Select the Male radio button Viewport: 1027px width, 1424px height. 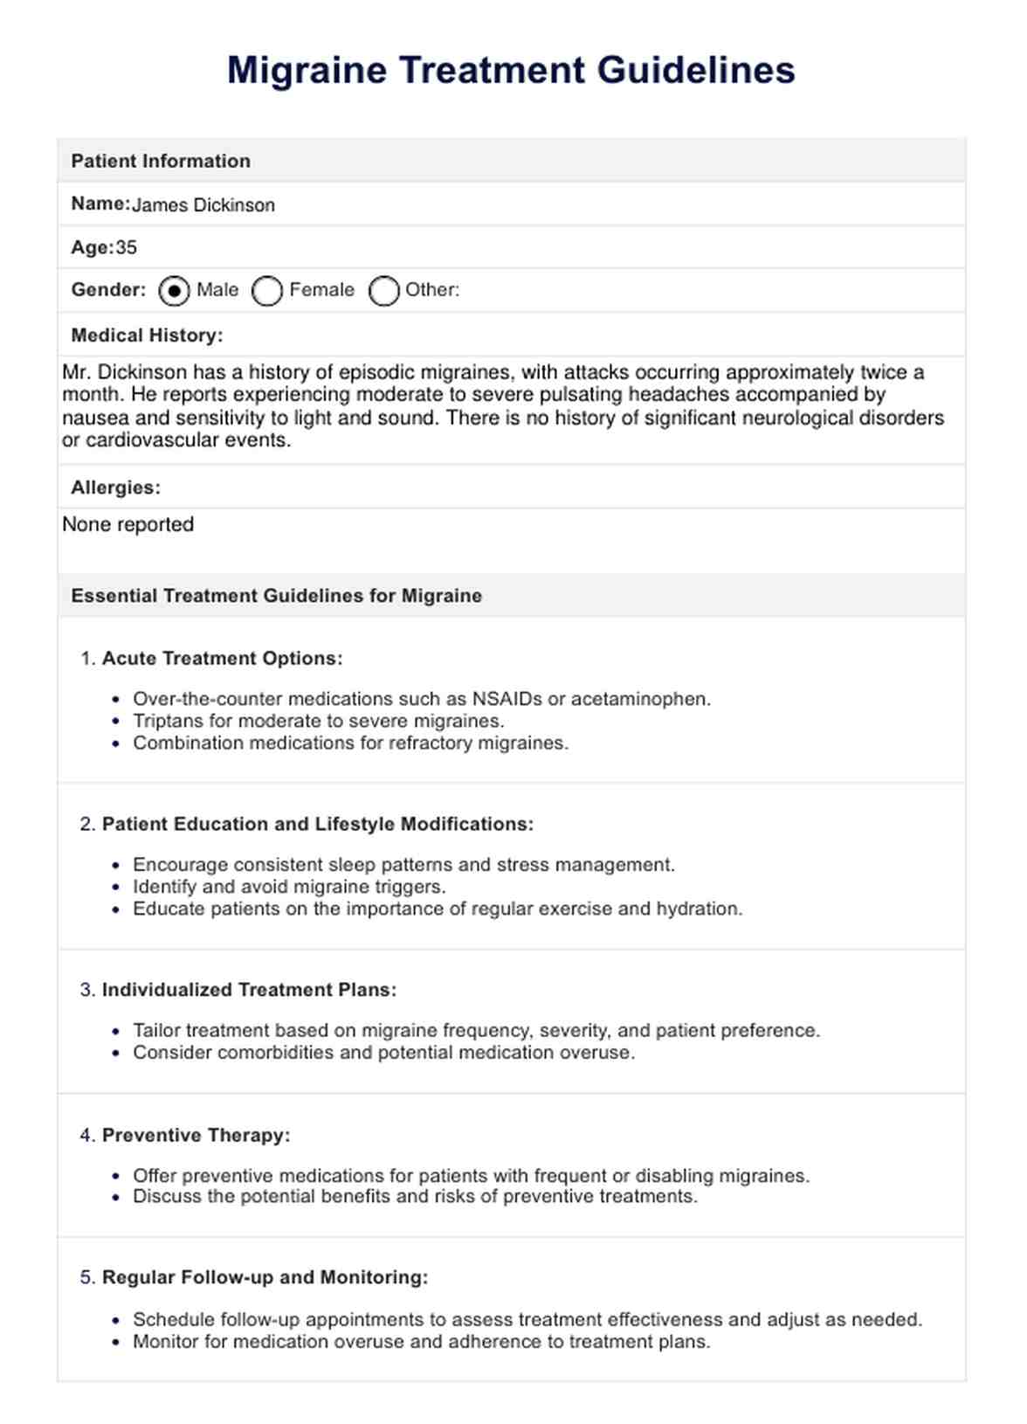[174, 291]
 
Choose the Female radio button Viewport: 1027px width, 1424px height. [267, 291]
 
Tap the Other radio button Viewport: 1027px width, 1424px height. [383, 291]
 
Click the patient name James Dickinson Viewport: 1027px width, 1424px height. [203, 205]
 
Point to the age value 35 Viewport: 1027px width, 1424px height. [127, 248]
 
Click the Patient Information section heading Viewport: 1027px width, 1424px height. [161, 161]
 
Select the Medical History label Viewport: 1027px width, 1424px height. [147, 335]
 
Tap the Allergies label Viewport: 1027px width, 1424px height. [115, 487]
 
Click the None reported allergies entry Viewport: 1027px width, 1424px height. [128, 525]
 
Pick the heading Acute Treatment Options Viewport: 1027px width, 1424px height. [222, 659]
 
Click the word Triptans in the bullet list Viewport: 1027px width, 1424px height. [166, 722]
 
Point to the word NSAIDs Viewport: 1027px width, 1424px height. [507, 699]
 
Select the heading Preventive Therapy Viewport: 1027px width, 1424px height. [196, 1136]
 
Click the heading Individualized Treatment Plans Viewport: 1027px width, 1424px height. [249, 991]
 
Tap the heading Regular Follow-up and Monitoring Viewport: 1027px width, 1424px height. [265, 1278]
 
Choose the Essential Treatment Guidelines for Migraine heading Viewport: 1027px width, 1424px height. [276, 596]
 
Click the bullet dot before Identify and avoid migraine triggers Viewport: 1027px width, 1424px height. [116, 888]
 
